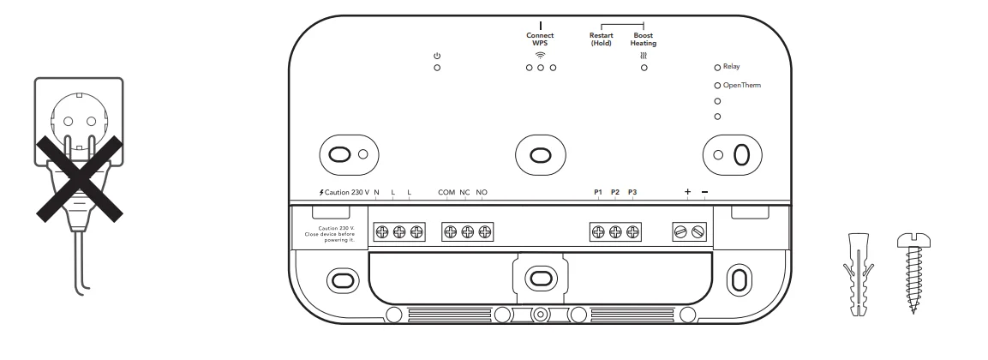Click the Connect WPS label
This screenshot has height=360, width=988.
coord(541,39)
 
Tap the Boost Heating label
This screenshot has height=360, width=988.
coord(644,39)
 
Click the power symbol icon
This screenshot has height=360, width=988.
coord(437,56)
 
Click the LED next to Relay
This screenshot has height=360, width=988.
coord(717,66)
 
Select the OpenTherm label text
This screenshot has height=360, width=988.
coord(743,86)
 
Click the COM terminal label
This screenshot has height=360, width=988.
coord(446,192)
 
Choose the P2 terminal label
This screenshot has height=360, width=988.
coord(615,192)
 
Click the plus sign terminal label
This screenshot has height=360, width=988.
coord(687,192)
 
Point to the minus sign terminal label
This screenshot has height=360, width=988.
coord(704,192)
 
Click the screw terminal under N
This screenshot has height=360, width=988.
coord(382,231)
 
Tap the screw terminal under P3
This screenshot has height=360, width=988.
coord(633,231)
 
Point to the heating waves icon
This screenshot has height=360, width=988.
coord(644,56)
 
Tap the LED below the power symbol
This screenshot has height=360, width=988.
coord(437,68)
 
